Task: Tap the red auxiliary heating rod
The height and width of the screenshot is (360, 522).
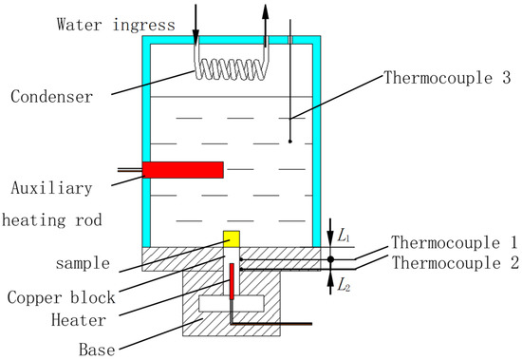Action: (x=183, y=170)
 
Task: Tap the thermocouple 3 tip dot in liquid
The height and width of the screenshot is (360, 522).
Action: (x=289, y=142)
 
